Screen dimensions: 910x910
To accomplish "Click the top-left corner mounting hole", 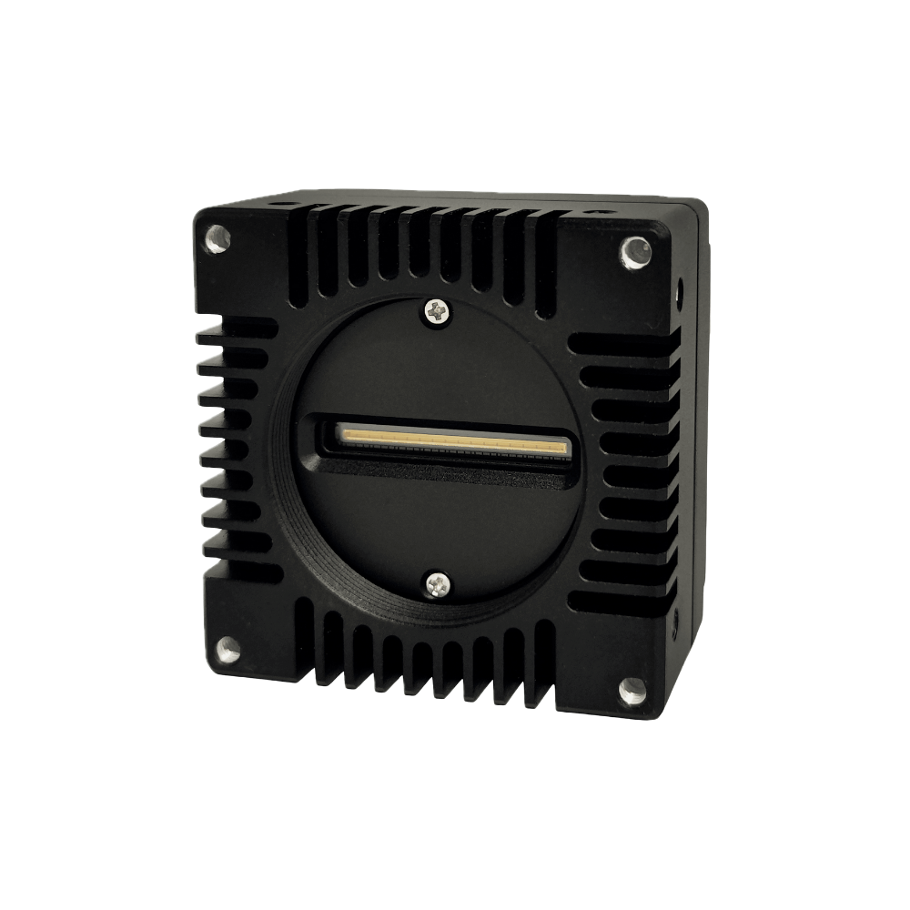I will click(217, 238).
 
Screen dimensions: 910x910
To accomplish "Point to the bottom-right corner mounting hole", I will click(632, 691).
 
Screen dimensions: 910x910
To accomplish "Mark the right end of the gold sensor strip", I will click(564, 448).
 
